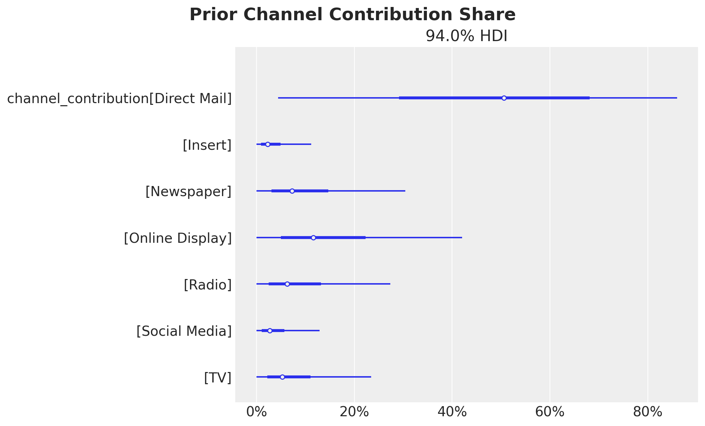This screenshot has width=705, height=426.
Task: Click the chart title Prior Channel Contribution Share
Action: tap(352, 15)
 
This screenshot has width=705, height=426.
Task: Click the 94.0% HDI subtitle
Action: tap(466, 36)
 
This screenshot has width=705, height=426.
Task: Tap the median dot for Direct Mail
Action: tap(504, 98)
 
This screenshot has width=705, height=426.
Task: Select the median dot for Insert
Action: tap(268, 144)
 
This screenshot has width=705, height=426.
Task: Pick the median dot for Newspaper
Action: tap(292, 191)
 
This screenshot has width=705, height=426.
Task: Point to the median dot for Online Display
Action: tap(313, 238)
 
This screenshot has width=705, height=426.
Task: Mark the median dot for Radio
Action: tap(287, 284)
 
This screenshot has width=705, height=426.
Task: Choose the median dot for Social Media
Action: tap(270, 331)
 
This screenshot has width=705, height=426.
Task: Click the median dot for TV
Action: tap(282, 377)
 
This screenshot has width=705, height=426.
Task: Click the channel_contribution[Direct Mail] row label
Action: tap(120, 99)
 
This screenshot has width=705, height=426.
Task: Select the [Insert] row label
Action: tap(207, 145)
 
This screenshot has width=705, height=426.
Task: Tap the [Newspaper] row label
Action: tap(188, 192)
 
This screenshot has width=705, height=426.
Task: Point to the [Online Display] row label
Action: tap(178, 238)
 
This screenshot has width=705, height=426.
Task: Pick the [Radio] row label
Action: tap(207, 285)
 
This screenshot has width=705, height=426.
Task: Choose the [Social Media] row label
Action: tap(184, 331)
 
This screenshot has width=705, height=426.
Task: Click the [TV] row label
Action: tap(217, 378)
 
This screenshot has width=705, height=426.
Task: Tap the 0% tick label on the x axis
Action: tap(256, 412)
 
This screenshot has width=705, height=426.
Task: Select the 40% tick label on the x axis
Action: tap(452, 412)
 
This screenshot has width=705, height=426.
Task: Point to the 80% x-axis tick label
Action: tap(647, 412)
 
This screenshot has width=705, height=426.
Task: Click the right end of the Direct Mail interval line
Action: tap(676, 98)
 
